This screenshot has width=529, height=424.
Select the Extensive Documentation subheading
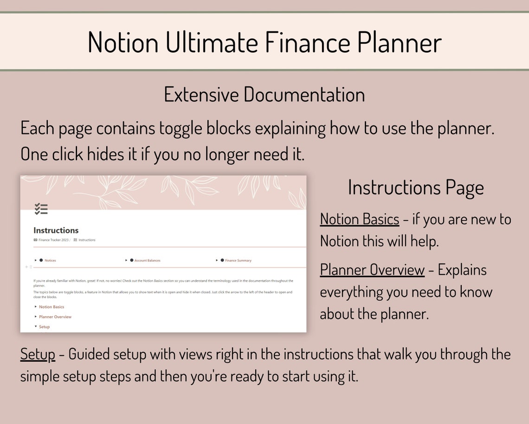(264, 94)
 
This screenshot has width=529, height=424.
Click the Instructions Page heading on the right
(416, 187)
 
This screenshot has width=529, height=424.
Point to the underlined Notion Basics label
(359, 219)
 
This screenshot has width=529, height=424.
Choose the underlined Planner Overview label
(372, 270)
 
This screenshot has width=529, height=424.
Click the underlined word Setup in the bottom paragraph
(38, 354)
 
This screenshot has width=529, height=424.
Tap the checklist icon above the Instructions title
(41, 209)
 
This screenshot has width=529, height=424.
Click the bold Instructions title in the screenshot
(56, 230)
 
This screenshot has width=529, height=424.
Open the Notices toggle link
(50, 260)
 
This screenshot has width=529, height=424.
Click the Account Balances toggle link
(147, 260)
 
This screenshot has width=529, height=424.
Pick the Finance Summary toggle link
(238, 260)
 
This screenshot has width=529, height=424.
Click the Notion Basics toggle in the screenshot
(52, 307)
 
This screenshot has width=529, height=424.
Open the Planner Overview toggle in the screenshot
(55, 317)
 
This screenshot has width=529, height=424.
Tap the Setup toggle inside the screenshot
(44, 327)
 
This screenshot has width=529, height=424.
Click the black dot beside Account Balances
(132, 260)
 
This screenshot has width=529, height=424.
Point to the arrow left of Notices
(35, 260)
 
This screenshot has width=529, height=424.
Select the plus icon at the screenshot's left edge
(26, 267)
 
